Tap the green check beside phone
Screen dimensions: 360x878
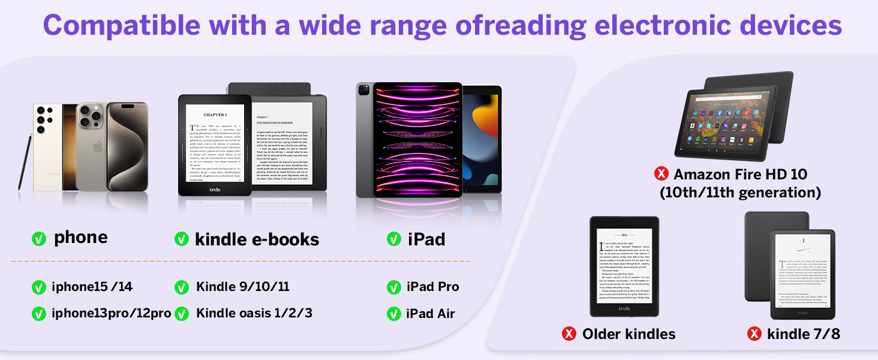39,239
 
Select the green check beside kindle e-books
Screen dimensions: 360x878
182,239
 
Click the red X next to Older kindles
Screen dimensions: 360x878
569,334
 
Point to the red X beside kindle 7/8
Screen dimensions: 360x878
754,334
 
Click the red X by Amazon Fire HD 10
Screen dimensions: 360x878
661,175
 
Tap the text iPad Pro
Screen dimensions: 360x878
432,287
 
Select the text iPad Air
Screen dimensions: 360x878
430,313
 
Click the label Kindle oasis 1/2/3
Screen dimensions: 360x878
254,313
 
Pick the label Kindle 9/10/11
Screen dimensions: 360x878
243,287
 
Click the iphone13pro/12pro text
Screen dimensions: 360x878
112,313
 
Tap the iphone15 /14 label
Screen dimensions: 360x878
92,287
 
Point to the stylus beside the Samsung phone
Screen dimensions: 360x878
26,162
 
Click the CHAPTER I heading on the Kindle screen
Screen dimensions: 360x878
215,115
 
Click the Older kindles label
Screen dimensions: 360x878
629,334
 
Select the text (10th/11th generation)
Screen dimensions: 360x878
740,193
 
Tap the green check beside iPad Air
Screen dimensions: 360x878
394,313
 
